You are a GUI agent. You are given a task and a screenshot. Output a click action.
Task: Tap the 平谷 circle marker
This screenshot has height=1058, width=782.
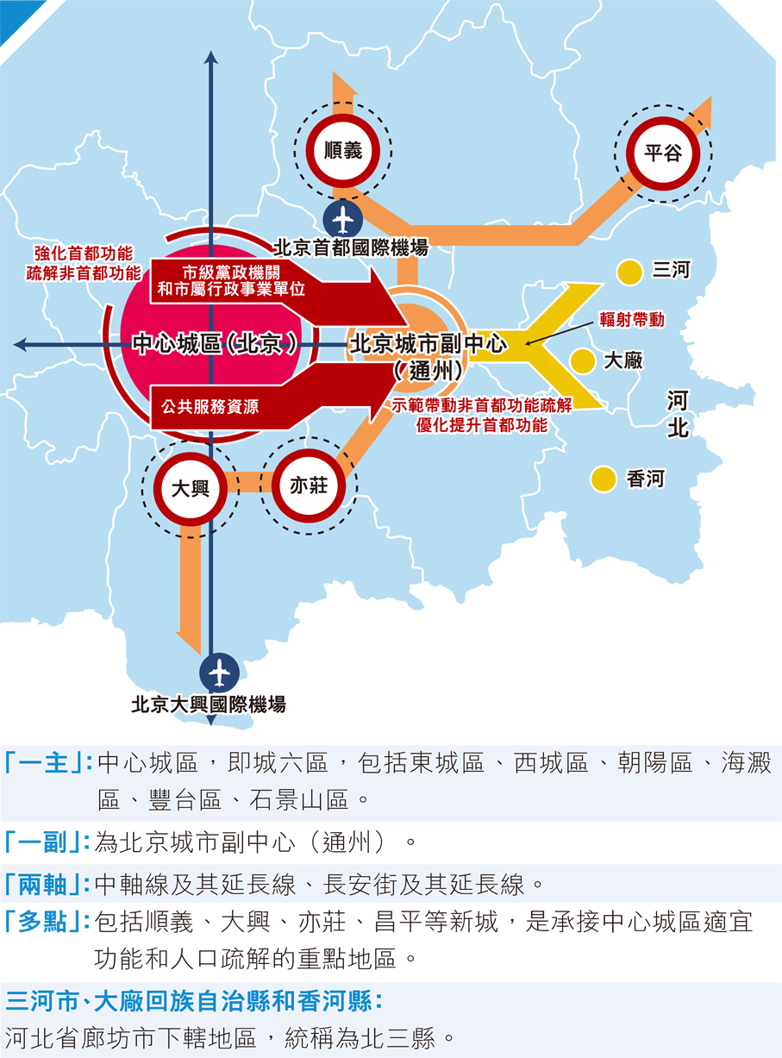coord(663,153)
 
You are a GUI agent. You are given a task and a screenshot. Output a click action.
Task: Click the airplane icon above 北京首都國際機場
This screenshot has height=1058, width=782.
coord(343,219)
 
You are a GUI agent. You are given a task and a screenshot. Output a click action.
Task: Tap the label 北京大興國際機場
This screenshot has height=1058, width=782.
coord(208,704)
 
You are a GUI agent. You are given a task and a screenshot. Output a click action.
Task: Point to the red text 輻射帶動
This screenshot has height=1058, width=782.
coord(633,319)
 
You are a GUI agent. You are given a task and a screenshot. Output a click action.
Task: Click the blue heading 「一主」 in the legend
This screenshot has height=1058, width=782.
coord(48,764)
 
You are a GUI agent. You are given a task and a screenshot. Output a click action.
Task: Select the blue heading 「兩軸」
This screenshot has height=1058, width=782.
coord(48,884)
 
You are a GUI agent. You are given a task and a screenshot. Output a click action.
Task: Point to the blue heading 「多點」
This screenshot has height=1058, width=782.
coord(48,922)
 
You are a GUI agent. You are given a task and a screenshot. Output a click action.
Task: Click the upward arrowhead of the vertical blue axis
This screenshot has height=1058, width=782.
coord(212,58)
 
